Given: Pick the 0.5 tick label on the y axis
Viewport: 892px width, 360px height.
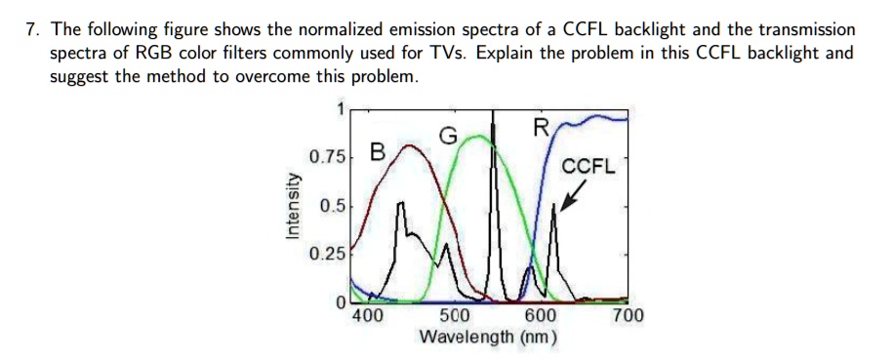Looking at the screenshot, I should [332, 206].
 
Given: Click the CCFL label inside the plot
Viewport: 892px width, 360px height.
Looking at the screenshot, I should [588, 167].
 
